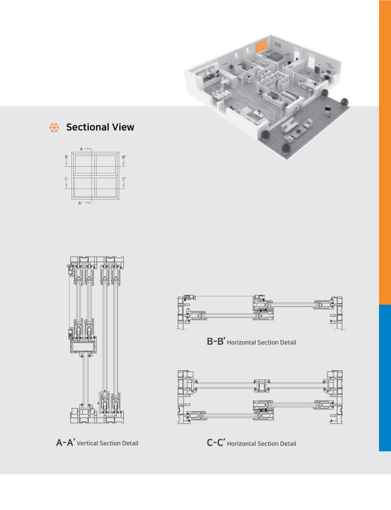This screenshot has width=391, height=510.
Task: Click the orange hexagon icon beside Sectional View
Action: pos(53,127)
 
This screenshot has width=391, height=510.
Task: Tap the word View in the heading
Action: pos(122,127)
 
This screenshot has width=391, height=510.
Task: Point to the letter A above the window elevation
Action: pos(81,147)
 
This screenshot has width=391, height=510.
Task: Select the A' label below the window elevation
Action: pos(80,203)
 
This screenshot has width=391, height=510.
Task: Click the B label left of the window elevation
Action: pos(66,157)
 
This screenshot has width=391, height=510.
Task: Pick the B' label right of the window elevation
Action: pos(124,157)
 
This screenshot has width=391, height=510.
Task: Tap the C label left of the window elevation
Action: pos(66,179)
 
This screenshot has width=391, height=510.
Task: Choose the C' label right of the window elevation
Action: pos(124,179)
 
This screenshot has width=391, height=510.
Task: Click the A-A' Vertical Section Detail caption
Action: pos(97,443)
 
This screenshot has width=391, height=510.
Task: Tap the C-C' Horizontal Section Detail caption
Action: pos(251,443)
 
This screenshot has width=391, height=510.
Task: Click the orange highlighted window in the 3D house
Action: pos(261,46)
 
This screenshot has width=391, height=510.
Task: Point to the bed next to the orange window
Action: pos(273,56)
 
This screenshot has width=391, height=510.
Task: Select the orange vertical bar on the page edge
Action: pos(384,150)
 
